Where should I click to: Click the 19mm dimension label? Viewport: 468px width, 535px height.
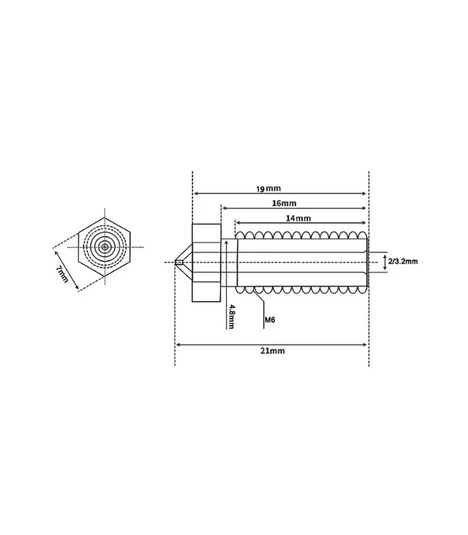269,189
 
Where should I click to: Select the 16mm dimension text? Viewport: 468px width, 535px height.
284,203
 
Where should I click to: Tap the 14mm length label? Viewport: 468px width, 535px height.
298,218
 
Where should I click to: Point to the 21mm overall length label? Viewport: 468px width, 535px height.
272,350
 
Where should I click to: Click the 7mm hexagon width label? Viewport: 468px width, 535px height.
62,274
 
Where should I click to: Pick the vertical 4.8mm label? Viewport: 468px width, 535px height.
231,316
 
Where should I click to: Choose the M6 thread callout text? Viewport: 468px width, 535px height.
270,320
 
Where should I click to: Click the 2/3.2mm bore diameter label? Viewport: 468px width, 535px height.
403,261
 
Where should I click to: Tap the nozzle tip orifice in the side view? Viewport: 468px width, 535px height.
179,262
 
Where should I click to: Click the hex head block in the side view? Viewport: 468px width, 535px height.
207,263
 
